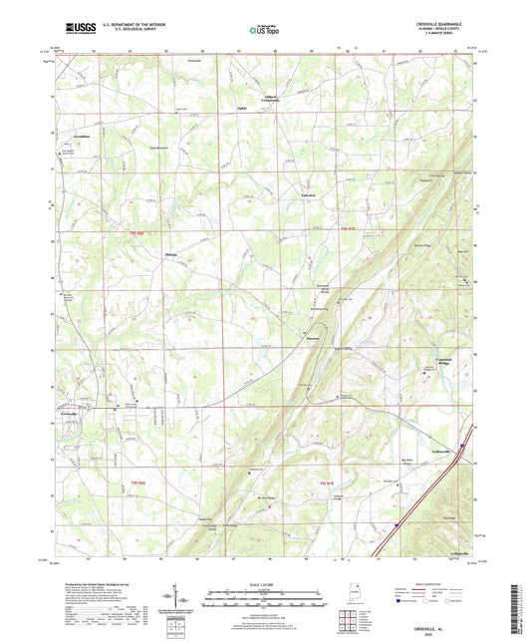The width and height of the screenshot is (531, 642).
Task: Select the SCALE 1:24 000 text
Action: pos(264,582)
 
